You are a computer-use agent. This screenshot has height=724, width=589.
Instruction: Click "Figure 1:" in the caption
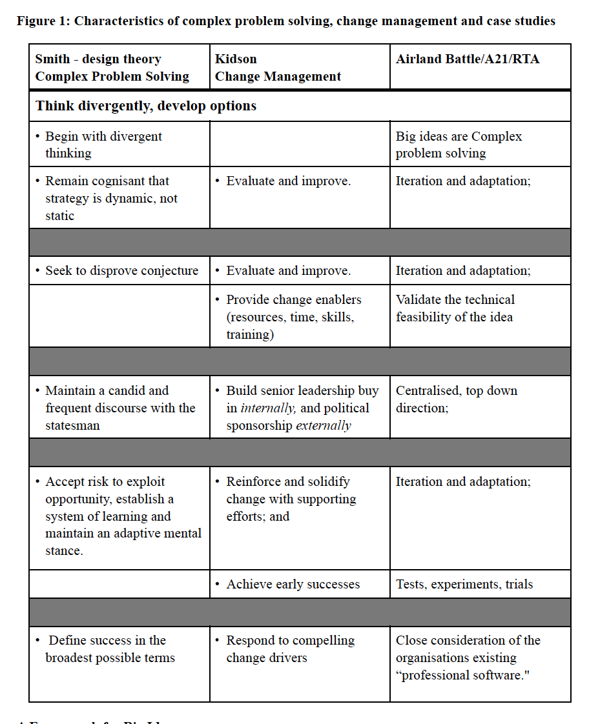tap(43, 21)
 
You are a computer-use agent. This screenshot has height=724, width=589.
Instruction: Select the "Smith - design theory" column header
tap(98, 59)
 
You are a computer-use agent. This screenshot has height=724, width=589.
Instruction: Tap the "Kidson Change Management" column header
tap(278, 68)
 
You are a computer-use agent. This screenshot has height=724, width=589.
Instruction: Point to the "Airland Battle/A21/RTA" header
tap(468, 59)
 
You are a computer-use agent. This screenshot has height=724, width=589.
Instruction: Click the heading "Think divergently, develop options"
tap(146, 106)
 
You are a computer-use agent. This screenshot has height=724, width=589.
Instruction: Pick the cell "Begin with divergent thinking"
tap(103, 145)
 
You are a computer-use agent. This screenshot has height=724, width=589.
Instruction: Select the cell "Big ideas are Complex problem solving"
tap(459, 145)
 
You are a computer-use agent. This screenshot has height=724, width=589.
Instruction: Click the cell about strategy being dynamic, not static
tap(111, 198)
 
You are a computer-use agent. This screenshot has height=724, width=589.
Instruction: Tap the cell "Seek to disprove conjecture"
tap(121, 270)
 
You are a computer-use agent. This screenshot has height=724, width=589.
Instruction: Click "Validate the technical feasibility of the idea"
tap(455, 308)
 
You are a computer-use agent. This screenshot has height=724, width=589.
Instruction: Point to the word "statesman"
tap(72, 425)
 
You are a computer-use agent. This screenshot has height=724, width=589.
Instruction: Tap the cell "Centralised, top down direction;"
tap(456, 399)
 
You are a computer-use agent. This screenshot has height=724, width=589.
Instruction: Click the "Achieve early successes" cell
tap(293, 584)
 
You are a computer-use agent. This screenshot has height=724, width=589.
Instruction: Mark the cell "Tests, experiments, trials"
tap(464, 584)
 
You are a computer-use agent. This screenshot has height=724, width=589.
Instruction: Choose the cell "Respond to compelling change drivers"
tap(290, 649)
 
